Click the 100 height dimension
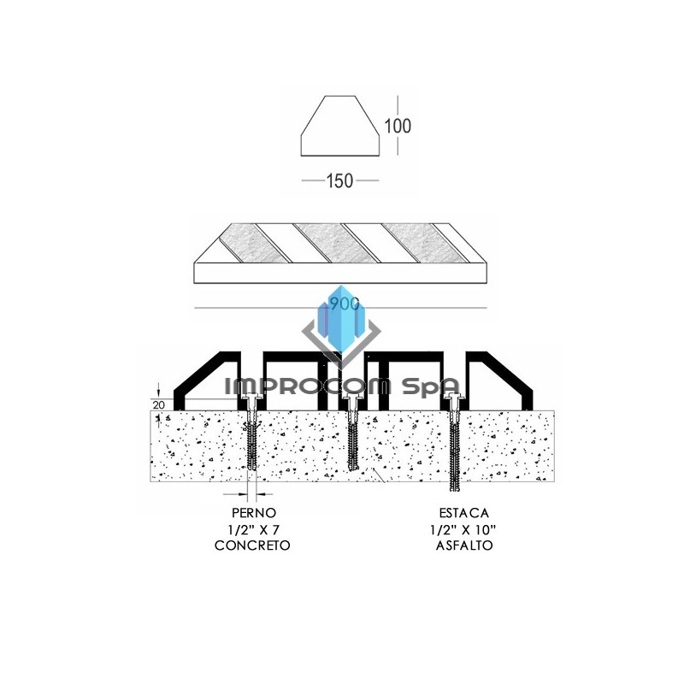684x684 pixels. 398,127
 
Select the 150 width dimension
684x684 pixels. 340,181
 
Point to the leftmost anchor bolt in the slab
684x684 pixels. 253,436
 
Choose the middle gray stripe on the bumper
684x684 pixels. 329,243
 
